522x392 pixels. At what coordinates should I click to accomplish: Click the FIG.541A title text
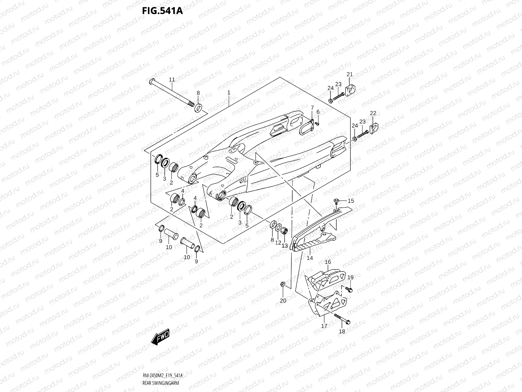click(162, 11)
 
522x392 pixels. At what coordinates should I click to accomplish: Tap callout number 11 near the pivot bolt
click(172, 79)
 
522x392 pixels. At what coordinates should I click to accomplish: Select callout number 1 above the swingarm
click(229, 93)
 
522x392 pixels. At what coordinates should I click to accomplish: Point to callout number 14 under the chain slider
click(310, 258)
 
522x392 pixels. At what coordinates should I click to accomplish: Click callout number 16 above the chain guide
click(328, 262)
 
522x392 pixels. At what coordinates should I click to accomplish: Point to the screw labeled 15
click(337, 201)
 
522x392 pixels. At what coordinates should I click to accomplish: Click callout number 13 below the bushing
click(284, 246)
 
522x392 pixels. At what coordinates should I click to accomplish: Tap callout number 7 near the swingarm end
click(312, 108)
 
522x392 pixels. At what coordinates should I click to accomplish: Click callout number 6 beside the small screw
click(318, 112)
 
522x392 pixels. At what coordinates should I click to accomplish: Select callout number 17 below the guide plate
click(324, 326)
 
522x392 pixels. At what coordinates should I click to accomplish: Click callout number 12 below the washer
click(278, 243)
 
